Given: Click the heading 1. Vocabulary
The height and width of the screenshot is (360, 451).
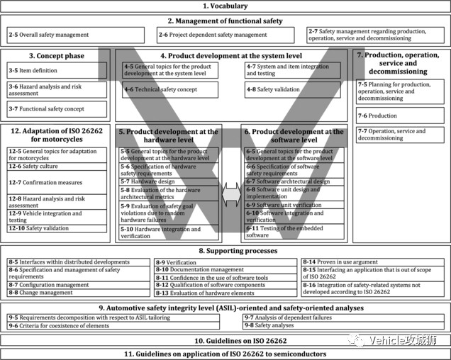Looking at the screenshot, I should click(225, 6).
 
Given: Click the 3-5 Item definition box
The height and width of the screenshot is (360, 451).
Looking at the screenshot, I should click(55, 71).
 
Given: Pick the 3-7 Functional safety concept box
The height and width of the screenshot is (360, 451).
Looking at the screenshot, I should click(55, 109).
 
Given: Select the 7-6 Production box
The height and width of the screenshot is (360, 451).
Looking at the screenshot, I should click(401, 116).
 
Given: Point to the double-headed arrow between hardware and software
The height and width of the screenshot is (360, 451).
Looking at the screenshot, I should click(231, 195).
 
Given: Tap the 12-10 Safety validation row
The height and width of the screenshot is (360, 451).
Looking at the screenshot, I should click(55, 228).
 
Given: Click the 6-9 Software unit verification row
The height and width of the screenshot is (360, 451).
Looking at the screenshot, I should click(293, 205).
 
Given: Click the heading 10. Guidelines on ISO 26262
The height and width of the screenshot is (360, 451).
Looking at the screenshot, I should click(225, 341).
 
